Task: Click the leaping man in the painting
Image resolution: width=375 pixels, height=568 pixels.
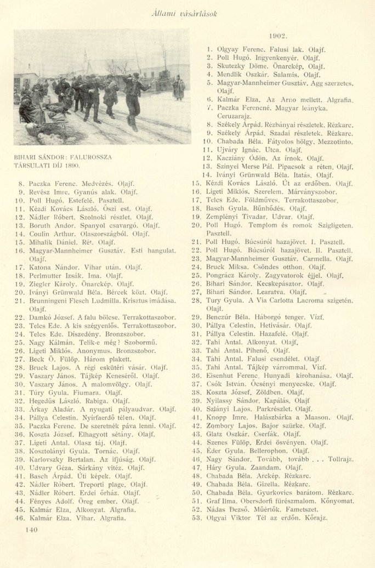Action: pyautogui.click(x=132, y=99)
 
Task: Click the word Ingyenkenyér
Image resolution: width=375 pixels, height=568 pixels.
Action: pyautogui.click(x=269, y=57)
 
